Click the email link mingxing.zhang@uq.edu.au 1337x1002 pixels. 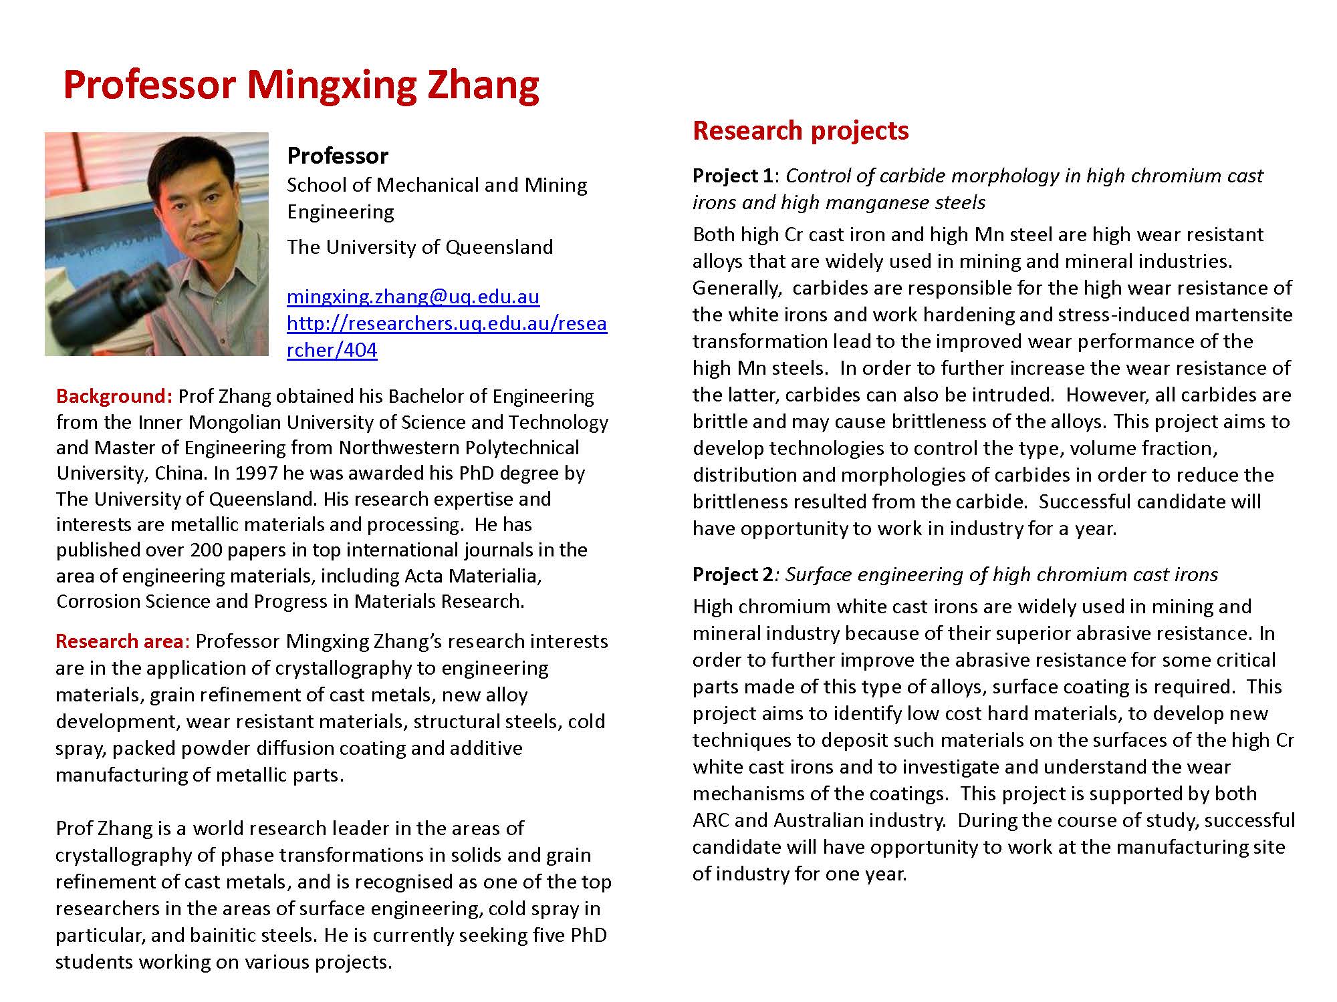pyautogui.click(x=413, y=297)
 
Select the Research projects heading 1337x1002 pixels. pyautogui.click(x=800, y=130)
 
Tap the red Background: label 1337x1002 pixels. pyautogui.click(x=114, y=396)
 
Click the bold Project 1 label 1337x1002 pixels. pyautogui.click(x=733, y=176)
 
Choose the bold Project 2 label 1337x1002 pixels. pyautogui.click(x=733, y=574)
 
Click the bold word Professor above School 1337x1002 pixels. pyautogui.click(x=338, y=156)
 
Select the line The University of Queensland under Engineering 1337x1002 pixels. pyautogui.click(x=420, y=247)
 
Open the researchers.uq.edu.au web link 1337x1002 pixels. pyautogui.click(x=447, y=324)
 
